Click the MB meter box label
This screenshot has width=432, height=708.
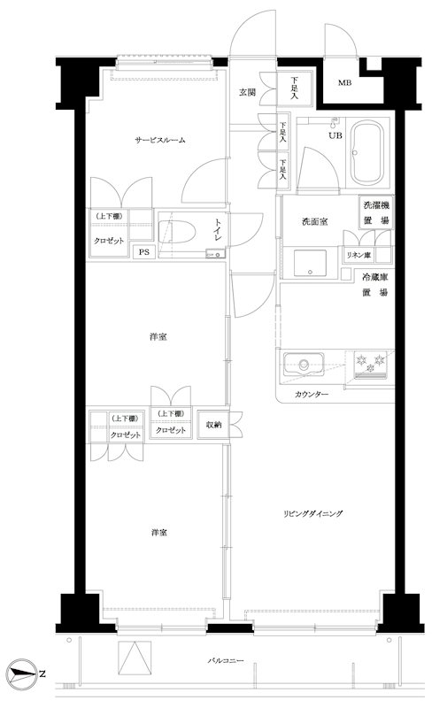point(344,83)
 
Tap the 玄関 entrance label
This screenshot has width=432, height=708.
point(247,93)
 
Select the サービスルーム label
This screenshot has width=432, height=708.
point(160,140)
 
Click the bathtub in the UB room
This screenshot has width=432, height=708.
point(367,152)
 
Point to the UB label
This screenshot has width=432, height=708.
point(336,135)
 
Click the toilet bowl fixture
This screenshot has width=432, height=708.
point(177,233)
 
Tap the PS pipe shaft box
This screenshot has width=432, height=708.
point(143,252)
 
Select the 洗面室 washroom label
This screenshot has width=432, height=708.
point(314,222)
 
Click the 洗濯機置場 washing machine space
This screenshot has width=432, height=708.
point(376,212)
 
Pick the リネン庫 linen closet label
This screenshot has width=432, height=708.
point(359,256)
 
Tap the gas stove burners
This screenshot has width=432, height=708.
point(370,363)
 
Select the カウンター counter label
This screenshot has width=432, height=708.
point(312,394)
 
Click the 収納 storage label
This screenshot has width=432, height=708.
point(213,425)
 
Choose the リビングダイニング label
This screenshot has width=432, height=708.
point(312,513)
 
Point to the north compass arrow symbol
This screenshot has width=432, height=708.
point(22,674)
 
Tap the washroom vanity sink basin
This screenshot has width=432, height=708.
point(310,263)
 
